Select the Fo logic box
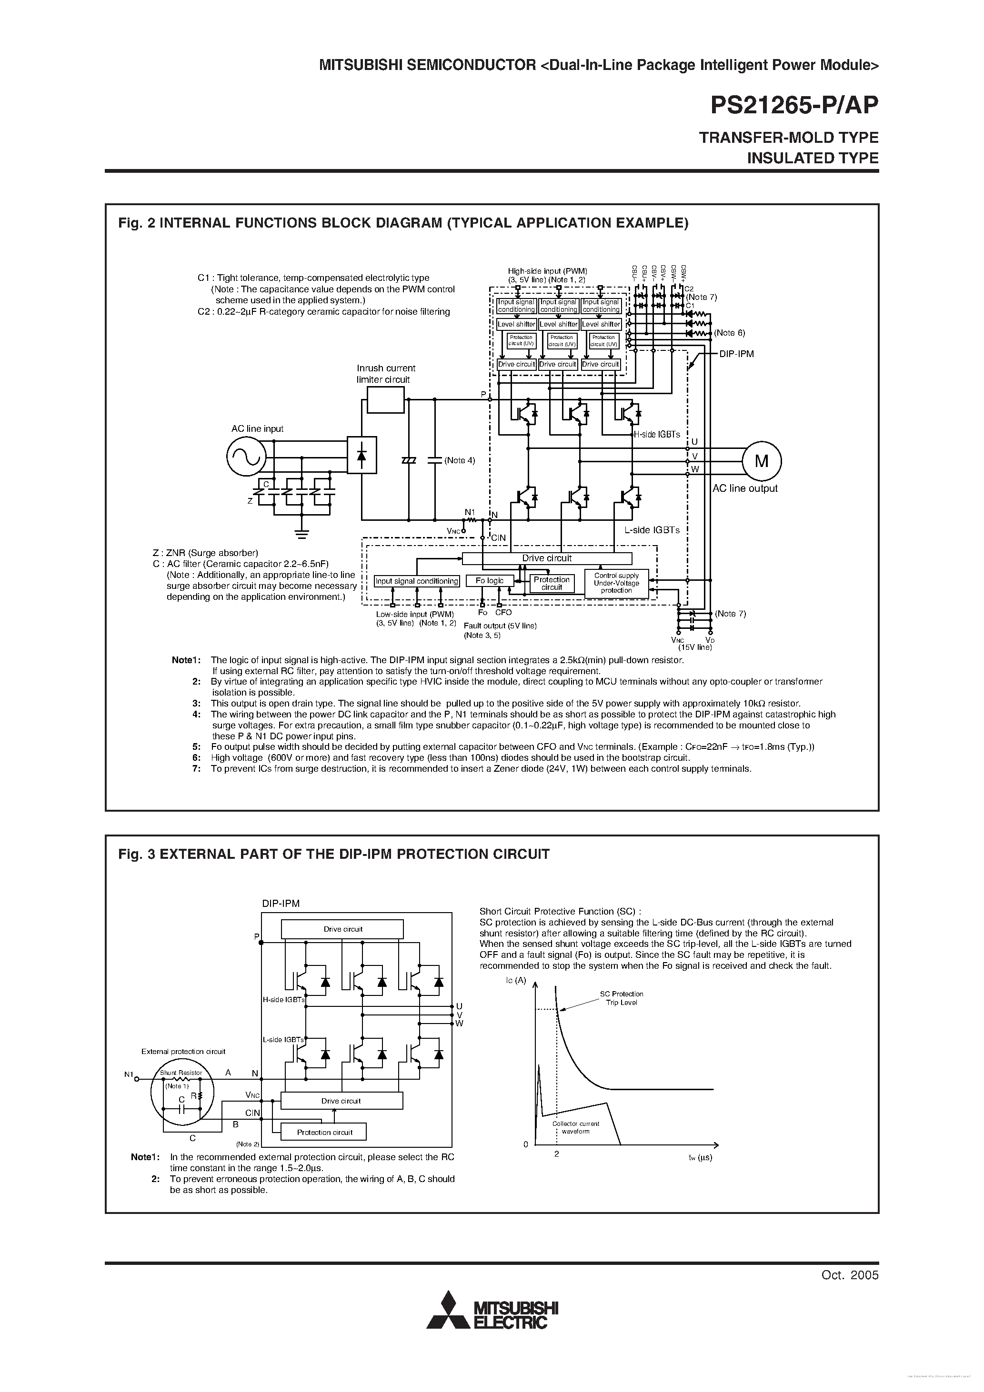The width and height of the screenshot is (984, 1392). [489, 581]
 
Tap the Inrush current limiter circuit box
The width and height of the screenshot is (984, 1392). [386, 400]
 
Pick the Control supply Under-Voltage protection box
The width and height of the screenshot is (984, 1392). [616, 583]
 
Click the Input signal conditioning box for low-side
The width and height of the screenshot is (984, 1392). [417, 581]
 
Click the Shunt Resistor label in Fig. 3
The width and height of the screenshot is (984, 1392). [181, 1073]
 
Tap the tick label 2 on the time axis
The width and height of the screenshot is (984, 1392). [556, 1154]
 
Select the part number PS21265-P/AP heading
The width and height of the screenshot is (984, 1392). [794, 106]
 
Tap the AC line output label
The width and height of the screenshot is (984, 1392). [744, 488]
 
